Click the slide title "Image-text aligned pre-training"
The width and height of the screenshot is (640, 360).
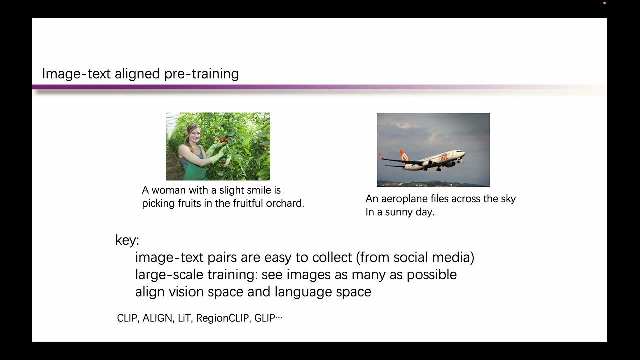140,74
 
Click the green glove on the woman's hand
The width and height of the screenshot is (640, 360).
216,153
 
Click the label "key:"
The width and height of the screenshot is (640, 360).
127,240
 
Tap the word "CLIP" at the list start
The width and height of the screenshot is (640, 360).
127,318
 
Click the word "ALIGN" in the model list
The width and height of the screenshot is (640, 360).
157,318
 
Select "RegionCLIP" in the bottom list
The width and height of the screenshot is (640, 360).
222,318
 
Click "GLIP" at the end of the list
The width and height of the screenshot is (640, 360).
264,318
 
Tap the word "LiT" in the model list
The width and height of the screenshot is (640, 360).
184,318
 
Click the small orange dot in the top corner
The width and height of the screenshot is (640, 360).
604,3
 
